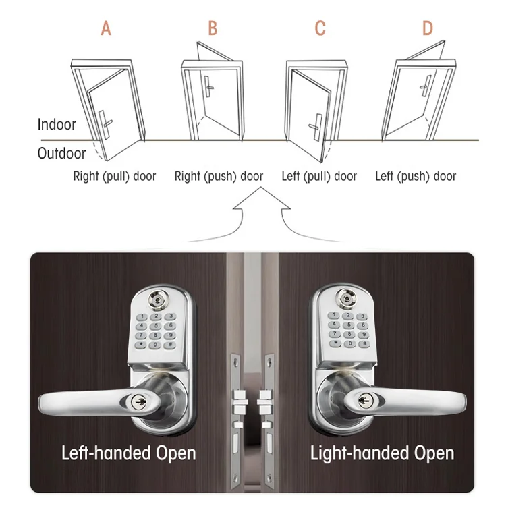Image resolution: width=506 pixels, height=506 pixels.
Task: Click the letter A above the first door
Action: tap(105, 28)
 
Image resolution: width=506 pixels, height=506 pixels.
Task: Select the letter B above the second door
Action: tap(213, 28)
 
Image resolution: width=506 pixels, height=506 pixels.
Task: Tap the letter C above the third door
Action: tap(320, 28)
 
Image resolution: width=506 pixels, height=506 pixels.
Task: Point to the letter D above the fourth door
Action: tap(427, 28)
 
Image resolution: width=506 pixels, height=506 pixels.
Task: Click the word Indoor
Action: tap(57, 125)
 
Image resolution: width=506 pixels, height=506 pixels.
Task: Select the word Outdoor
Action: tap(61, 154)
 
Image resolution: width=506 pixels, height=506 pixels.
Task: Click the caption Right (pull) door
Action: tap(115, 177)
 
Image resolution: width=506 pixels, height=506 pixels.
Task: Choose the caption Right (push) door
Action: tap(219, 177)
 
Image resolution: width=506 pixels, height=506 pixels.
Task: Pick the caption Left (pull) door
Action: tap(319, 177)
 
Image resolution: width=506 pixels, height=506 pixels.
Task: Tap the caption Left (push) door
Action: tap(416, 177)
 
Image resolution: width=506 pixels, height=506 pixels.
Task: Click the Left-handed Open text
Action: tap(128, 452)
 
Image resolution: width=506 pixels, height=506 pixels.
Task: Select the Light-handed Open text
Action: tap(382, 452)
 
